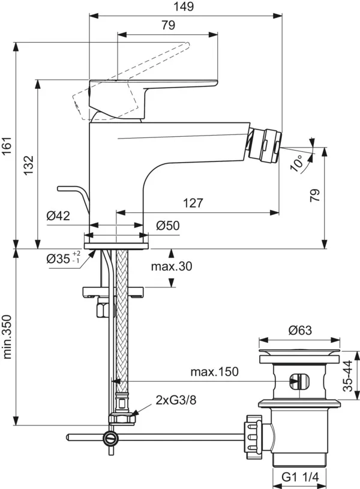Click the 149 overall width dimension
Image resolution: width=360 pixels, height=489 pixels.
(185, 7)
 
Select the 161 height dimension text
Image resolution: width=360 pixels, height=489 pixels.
(7, 145)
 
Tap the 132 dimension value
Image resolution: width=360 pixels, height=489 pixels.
(29, 164)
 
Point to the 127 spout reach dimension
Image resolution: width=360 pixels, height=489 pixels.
(192, 203)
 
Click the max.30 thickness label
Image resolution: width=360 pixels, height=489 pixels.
(171, 266)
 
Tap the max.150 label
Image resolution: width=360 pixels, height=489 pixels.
(214, 371)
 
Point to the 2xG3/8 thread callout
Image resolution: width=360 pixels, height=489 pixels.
(176, 400)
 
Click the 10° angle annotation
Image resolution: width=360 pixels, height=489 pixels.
(298, 162)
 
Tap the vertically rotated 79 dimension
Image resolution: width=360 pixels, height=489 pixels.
(316, 194)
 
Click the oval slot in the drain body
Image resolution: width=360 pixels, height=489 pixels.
(298, 380)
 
